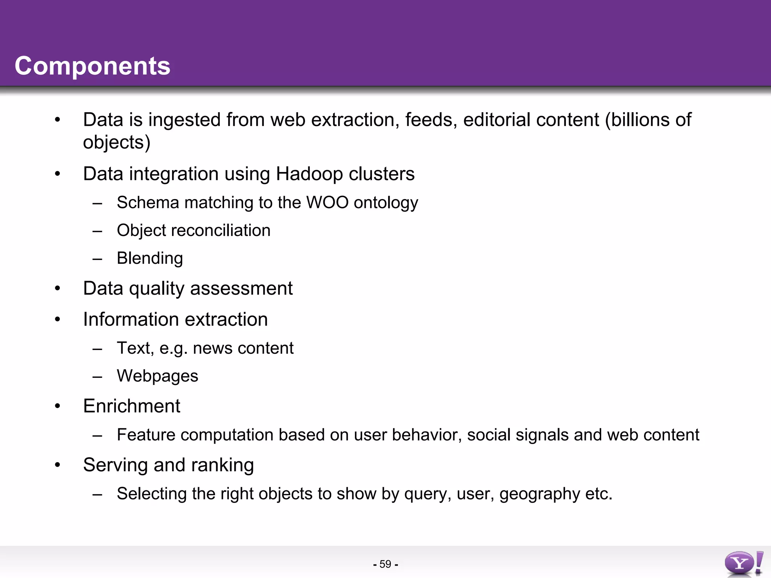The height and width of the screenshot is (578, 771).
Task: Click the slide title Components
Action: [93, 66]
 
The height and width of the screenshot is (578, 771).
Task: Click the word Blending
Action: [150, 259]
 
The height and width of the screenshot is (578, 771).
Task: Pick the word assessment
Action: [241, 289]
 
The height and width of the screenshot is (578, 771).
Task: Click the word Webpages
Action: [157, 376]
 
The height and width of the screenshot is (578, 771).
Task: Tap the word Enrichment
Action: [132, 406]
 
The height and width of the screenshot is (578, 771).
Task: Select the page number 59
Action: [385, 564]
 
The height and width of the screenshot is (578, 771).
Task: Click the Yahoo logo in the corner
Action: [743, 563]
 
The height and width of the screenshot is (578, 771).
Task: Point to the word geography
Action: [539, 494]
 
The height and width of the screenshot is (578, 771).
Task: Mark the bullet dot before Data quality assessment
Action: [57, 289]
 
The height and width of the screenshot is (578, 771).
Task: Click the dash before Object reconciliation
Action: [98, 231]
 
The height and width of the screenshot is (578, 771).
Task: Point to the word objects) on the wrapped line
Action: [117, 143]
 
